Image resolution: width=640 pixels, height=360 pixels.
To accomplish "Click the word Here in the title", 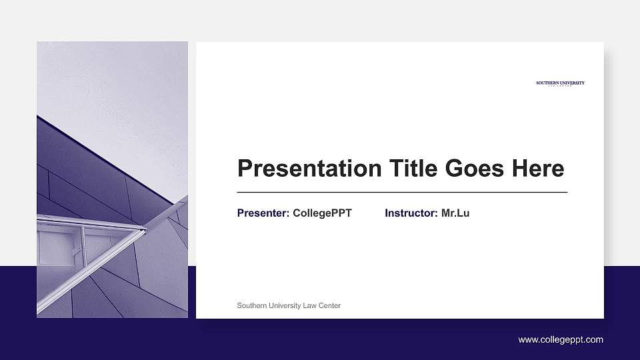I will coord(537,169).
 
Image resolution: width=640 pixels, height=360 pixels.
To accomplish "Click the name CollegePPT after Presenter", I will coord(322,213).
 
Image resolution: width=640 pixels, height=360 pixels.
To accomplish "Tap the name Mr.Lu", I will coord(455,213).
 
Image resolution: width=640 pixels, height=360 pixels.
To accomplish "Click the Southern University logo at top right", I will coord(560,83).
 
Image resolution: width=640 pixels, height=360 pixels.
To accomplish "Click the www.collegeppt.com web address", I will coord(561,340).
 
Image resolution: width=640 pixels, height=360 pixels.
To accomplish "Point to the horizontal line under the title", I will coord(402,192).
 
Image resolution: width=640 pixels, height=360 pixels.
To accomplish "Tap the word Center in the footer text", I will coord(329,305).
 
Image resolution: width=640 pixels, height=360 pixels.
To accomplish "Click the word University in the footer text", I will coord(284,305).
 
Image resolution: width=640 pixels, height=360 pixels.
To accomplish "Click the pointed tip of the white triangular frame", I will coord(145,229).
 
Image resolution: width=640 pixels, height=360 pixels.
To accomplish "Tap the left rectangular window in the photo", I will coord(57,247).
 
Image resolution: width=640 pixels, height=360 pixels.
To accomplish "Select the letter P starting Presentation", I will coord(244,169).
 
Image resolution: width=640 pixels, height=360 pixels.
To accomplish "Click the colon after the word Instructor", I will coord(437,214).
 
